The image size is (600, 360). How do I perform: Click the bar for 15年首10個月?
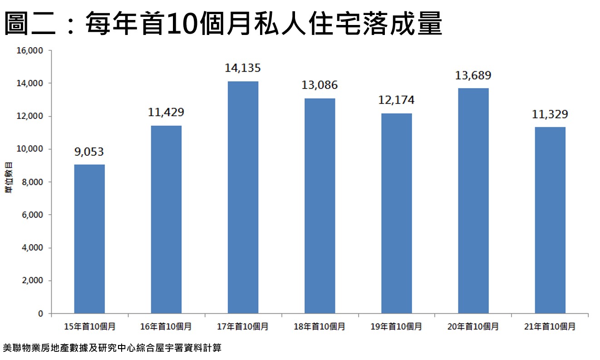89,239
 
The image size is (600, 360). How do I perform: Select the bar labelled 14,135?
243,197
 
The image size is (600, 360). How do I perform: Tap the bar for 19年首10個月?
396,213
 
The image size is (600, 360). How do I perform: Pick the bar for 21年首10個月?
550,220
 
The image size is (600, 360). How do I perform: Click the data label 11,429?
166,112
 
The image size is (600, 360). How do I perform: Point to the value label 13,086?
320,85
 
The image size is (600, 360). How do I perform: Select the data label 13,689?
473,75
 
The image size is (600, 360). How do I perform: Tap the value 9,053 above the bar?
89,152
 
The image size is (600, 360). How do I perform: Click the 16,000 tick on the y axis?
30,51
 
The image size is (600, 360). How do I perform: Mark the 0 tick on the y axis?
40,314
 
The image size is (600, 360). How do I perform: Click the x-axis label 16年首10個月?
166,326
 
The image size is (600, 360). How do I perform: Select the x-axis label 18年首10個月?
320,326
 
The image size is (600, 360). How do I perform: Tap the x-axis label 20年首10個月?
473,326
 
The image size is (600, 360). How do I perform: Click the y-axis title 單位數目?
9,182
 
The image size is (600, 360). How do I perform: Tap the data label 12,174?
396,100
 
